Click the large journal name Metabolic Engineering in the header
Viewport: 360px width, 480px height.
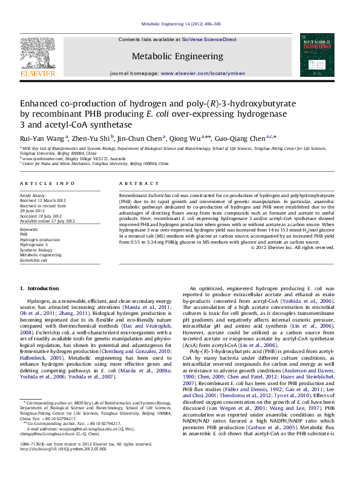pos(177,56)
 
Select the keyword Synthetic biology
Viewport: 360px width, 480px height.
pos(36,249)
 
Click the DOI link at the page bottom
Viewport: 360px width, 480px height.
pos(63,466)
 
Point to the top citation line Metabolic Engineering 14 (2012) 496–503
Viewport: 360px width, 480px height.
pos(180,24)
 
